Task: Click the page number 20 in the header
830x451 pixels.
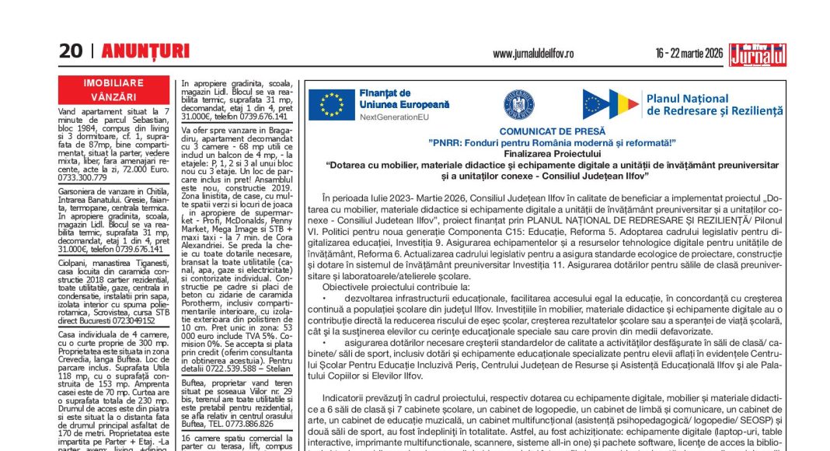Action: click(70, 52)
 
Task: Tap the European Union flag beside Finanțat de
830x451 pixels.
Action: click(332, 104)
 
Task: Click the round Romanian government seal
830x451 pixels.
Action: click(518, 104)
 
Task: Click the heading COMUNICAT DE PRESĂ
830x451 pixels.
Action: click(552, 131)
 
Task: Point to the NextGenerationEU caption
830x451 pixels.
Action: click(394, 117)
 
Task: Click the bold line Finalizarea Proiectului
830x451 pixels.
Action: click(552, 154)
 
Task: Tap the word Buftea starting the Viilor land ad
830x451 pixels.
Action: click(195, 383)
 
